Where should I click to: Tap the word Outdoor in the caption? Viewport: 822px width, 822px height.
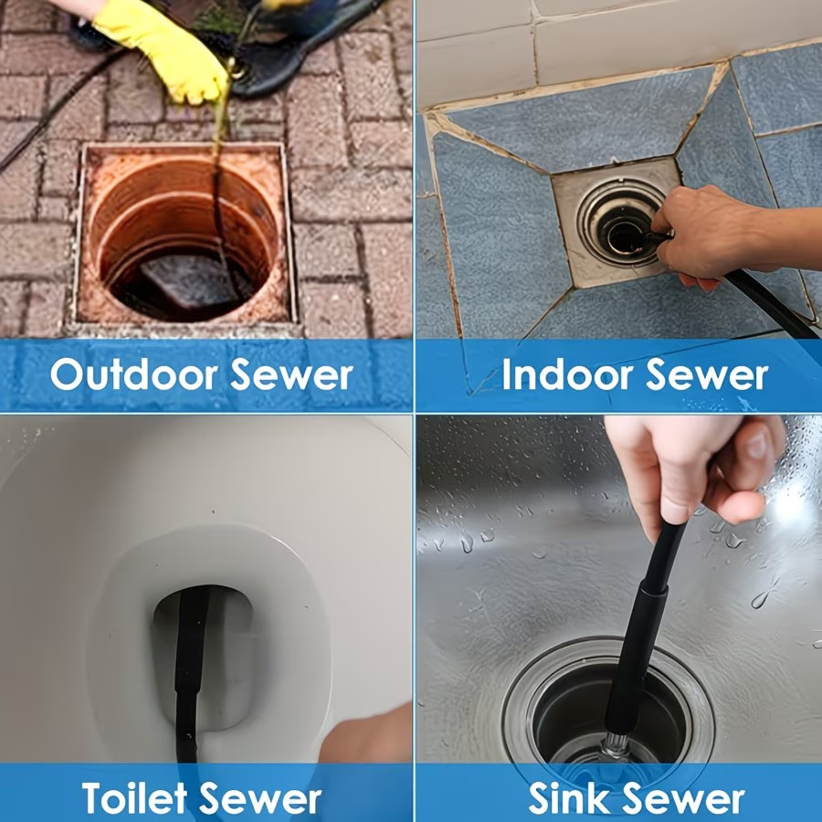(133, 374)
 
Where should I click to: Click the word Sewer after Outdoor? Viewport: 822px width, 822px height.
(291, 374)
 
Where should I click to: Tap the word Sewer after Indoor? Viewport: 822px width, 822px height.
(707, 374)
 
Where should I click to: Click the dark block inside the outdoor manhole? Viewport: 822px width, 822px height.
(190, 279)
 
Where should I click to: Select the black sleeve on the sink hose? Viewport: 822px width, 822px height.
(636, 660)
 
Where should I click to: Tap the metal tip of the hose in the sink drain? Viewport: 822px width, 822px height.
(617, 744)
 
